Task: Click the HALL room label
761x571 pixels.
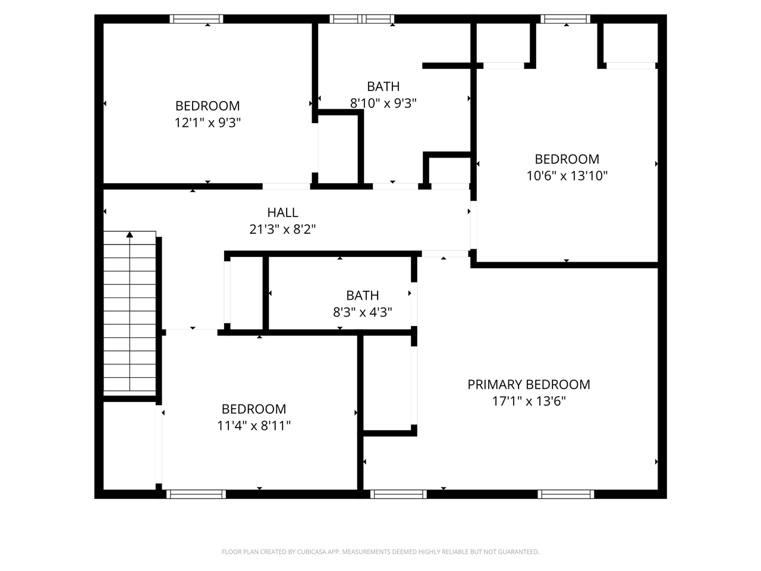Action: (x=282, y=212)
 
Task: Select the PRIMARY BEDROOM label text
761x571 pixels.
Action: (x=529, y=384)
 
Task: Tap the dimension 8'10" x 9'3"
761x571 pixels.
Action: (x=383, y=103)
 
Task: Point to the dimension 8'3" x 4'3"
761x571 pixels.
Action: (x=362, y=312)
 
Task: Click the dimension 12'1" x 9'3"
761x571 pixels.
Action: (x=207, y=123)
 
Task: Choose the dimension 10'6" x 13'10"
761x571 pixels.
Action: (x=567, y=175)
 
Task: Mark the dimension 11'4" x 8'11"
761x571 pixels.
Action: (x=254, y=425)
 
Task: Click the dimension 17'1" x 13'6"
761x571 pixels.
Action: (x=529, y=401)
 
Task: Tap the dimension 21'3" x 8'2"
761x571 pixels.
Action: (x=282, y=229)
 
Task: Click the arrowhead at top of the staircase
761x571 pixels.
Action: (x=130, y=235)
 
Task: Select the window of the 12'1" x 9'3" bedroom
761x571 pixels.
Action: (x=196, y=19)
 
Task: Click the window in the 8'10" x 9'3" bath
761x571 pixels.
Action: (x=362, y=19)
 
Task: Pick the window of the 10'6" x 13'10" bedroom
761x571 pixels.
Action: (x=565, y=19)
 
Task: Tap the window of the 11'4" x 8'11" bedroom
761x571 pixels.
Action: (x=196, y=494)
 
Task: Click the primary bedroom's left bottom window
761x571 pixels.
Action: (x=398, y=494)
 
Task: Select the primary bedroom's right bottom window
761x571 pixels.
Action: (x=566, y=494)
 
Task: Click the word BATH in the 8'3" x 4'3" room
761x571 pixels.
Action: (x=362, y=296)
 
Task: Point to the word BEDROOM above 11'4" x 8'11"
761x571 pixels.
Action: (x=254, y=409)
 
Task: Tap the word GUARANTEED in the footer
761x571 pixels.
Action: (x=518, y=552)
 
